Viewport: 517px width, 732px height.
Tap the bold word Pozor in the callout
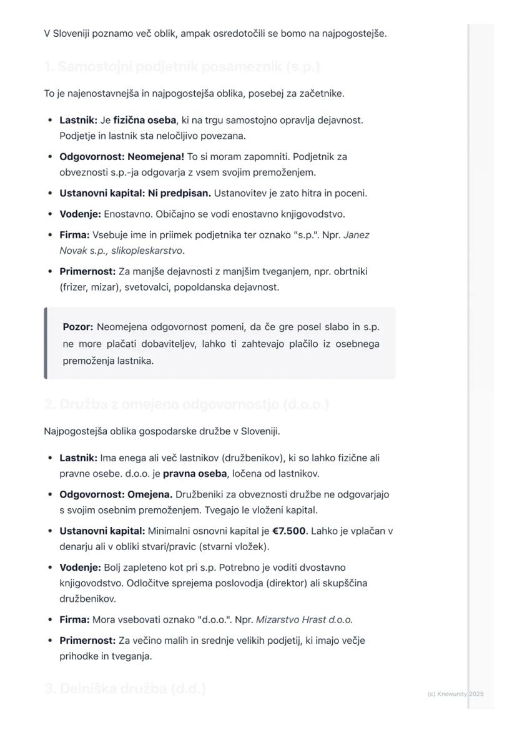click(77, 327)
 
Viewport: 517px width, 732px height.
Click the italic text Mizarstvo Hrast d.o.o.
click(304, 619)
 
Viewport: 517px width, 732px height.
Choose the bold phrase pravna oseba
click(195, 473)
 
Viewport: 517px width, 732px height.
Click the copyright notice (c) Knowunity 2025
click(456, 694)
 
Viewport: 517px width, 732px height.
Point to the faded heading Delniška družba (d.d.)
click(125, 689)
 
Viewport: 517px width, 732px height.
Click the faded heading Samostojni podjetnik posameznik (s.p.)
click(182, 67)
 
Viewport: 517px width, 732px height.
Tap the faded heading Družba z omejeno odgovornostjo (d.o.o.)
click(186, 404)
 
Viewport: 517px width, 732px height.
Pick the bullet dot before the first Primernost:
click(49, 272)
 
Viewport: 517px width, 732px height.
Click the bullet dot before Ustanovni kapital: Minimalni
click(49, 531)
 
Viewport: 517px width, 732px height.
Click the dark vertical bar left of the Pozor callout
click(46, 343)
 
